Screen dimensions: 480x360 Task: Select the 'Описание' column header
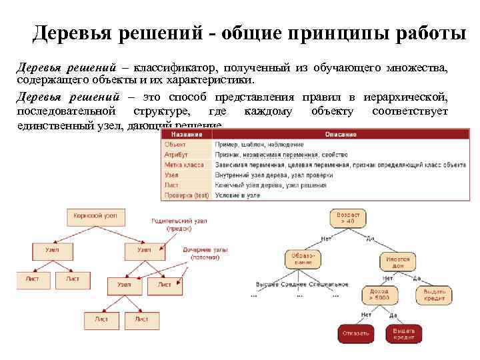coord(341,135)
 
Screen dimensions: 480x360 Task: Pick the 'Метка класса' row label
coord(185,164)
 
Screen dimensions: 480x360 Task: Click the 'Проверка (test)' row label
coord(187,195)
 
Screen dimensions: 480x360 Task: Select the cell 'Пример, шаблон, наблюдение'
coord(259,144)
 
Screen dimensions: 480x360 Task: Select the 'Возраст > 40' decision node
coord(348,219)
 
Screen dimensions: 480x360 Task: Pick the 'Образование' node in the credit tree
coord(303,259)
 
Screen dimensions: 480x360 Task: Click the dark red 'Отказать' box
coord(355,333)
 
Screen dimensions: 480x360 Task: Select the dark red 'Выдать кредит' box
coord(403,333)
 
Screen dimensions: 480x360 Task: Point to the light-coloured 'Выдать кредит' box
coord(434,295)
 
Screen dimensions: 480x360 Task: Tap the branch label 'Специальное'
coord(330,285)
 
